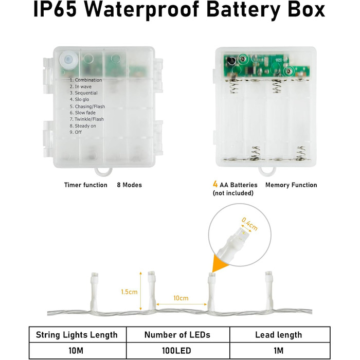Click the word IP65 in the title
[x=55, y=9]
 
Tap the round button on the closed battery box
[x=68, y=60]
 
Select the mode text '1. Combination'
[x=86, y=80]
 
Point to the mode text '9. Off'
[x=76, y=132]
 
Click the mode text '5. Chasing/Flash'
[x=87, y=106]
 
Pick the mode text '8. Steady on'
[x=83, y=126]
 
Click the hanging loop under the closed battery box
[x=103, y=171]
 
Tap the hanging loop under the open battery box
[x=267, y=171]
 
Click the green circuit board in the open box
[x=266, y=66]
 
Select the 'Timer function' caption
[x=86, y=185]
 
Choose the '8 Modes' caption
[x=129, y=185]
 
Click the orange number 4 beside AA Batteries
[x=215, y=184]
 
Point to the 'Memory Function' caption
[x=291, y=185]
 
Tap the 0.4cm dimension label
[x=249, y=224]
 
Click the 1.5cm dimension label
[x=129, y=292]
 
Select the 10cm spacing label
[x=181, y=298]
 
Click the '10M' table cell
[x=76, y=351]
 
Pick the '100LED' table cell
[x=176, y=351]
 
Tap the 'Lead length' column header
[x=279, y=335]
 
